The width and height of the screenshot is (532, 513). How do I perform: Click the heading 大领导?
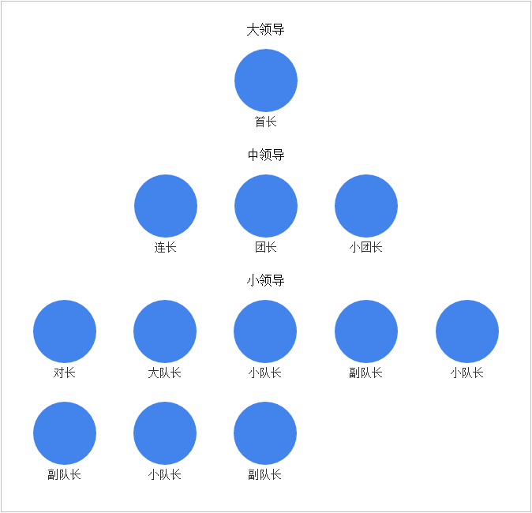[x=265, y=29]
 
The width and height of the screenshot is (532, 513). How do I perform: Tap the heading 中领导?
[x=266, y=155]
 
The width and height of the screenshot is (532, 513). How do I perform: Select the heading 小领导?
[x=265, y=280]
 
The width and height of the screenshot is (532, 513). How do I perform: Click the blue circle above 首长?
[x=266, y=81]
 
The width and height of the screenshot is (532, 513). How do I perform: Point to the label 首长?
[x=266, y=122]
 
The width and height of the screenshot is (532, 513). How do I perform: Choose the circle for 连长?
[x=166, y=206]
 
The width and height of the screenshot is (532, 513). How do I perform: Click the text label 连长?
[x=165, y=247]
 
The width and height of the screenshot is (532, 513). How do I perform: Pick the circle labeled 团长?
[x=266, y=206]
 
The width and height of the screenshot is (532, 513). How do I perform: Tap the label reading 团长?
[x=266, y=247]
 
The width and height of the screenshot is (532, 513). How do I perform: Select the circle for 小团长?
[x=366, y=206]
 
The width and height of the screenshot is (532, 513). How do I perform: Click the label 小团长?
[x=365, y=247]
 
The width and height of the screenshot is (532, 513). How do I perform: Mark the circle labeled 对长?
[x=65, y=331]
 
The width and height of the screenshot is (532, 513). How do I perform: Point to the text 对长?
[x=64, y=373]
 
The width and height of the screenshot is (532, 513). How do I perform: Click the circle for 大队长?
[x=165, y=331]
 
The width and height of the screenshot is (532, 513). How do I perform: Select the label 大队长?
[x=164, y=373]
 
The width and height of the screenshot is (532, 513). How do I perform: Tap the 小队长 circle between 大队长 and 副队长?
[x=265, y=331]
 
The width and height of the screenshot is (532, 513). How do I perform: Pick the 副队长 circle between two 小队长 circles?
[x=366, y=331]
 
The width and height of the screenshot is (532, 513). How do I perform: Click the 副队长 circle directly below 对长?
[x=65, y=433]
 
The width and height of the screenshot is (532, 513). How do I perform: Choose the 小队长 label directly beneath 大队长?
[x=164, y=474]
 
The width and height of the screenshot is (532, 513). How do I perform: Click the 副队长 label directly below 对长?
[x=64, y=474]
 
